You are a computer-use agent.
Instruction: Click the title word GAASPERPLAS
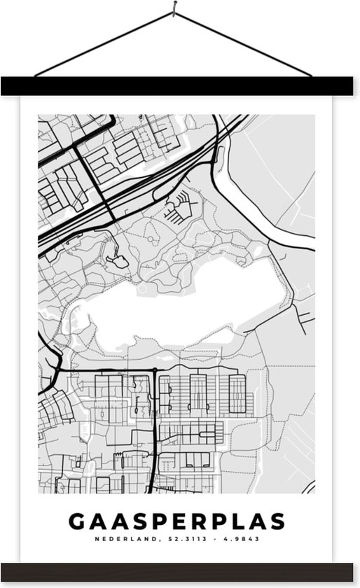tap(176, 522)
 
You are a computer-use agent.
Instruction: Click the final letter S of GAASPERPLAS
tap(277, 522)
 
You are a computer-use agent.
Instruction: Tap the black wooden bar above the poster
tap(180, 86)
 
